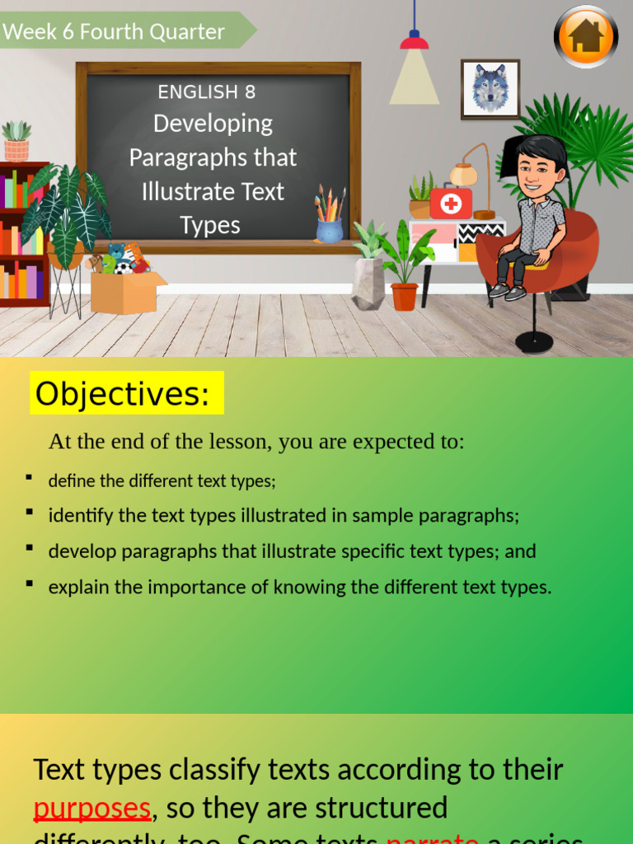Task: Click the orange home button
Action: pyautogui.click(x=585, y=36)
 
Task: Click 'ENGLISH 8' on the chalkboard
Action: pyautogui.click(x=207, y=92)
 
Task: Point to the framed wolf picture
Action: pyautogui.click(x=490, y=89)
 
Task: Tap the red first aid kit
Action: pyautogui.click(x=451, y=203)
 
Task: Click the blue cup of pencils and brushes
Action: pyautogui.click(x=330, y=223)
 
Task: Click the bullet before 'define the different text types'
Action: pyautogui.click(x=29, y=477)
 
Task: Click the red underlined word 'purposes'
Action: pyautogui.click(x=91, y=808)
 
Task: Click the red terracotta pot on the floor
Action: pyautogui.click(x=404, y=296)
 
